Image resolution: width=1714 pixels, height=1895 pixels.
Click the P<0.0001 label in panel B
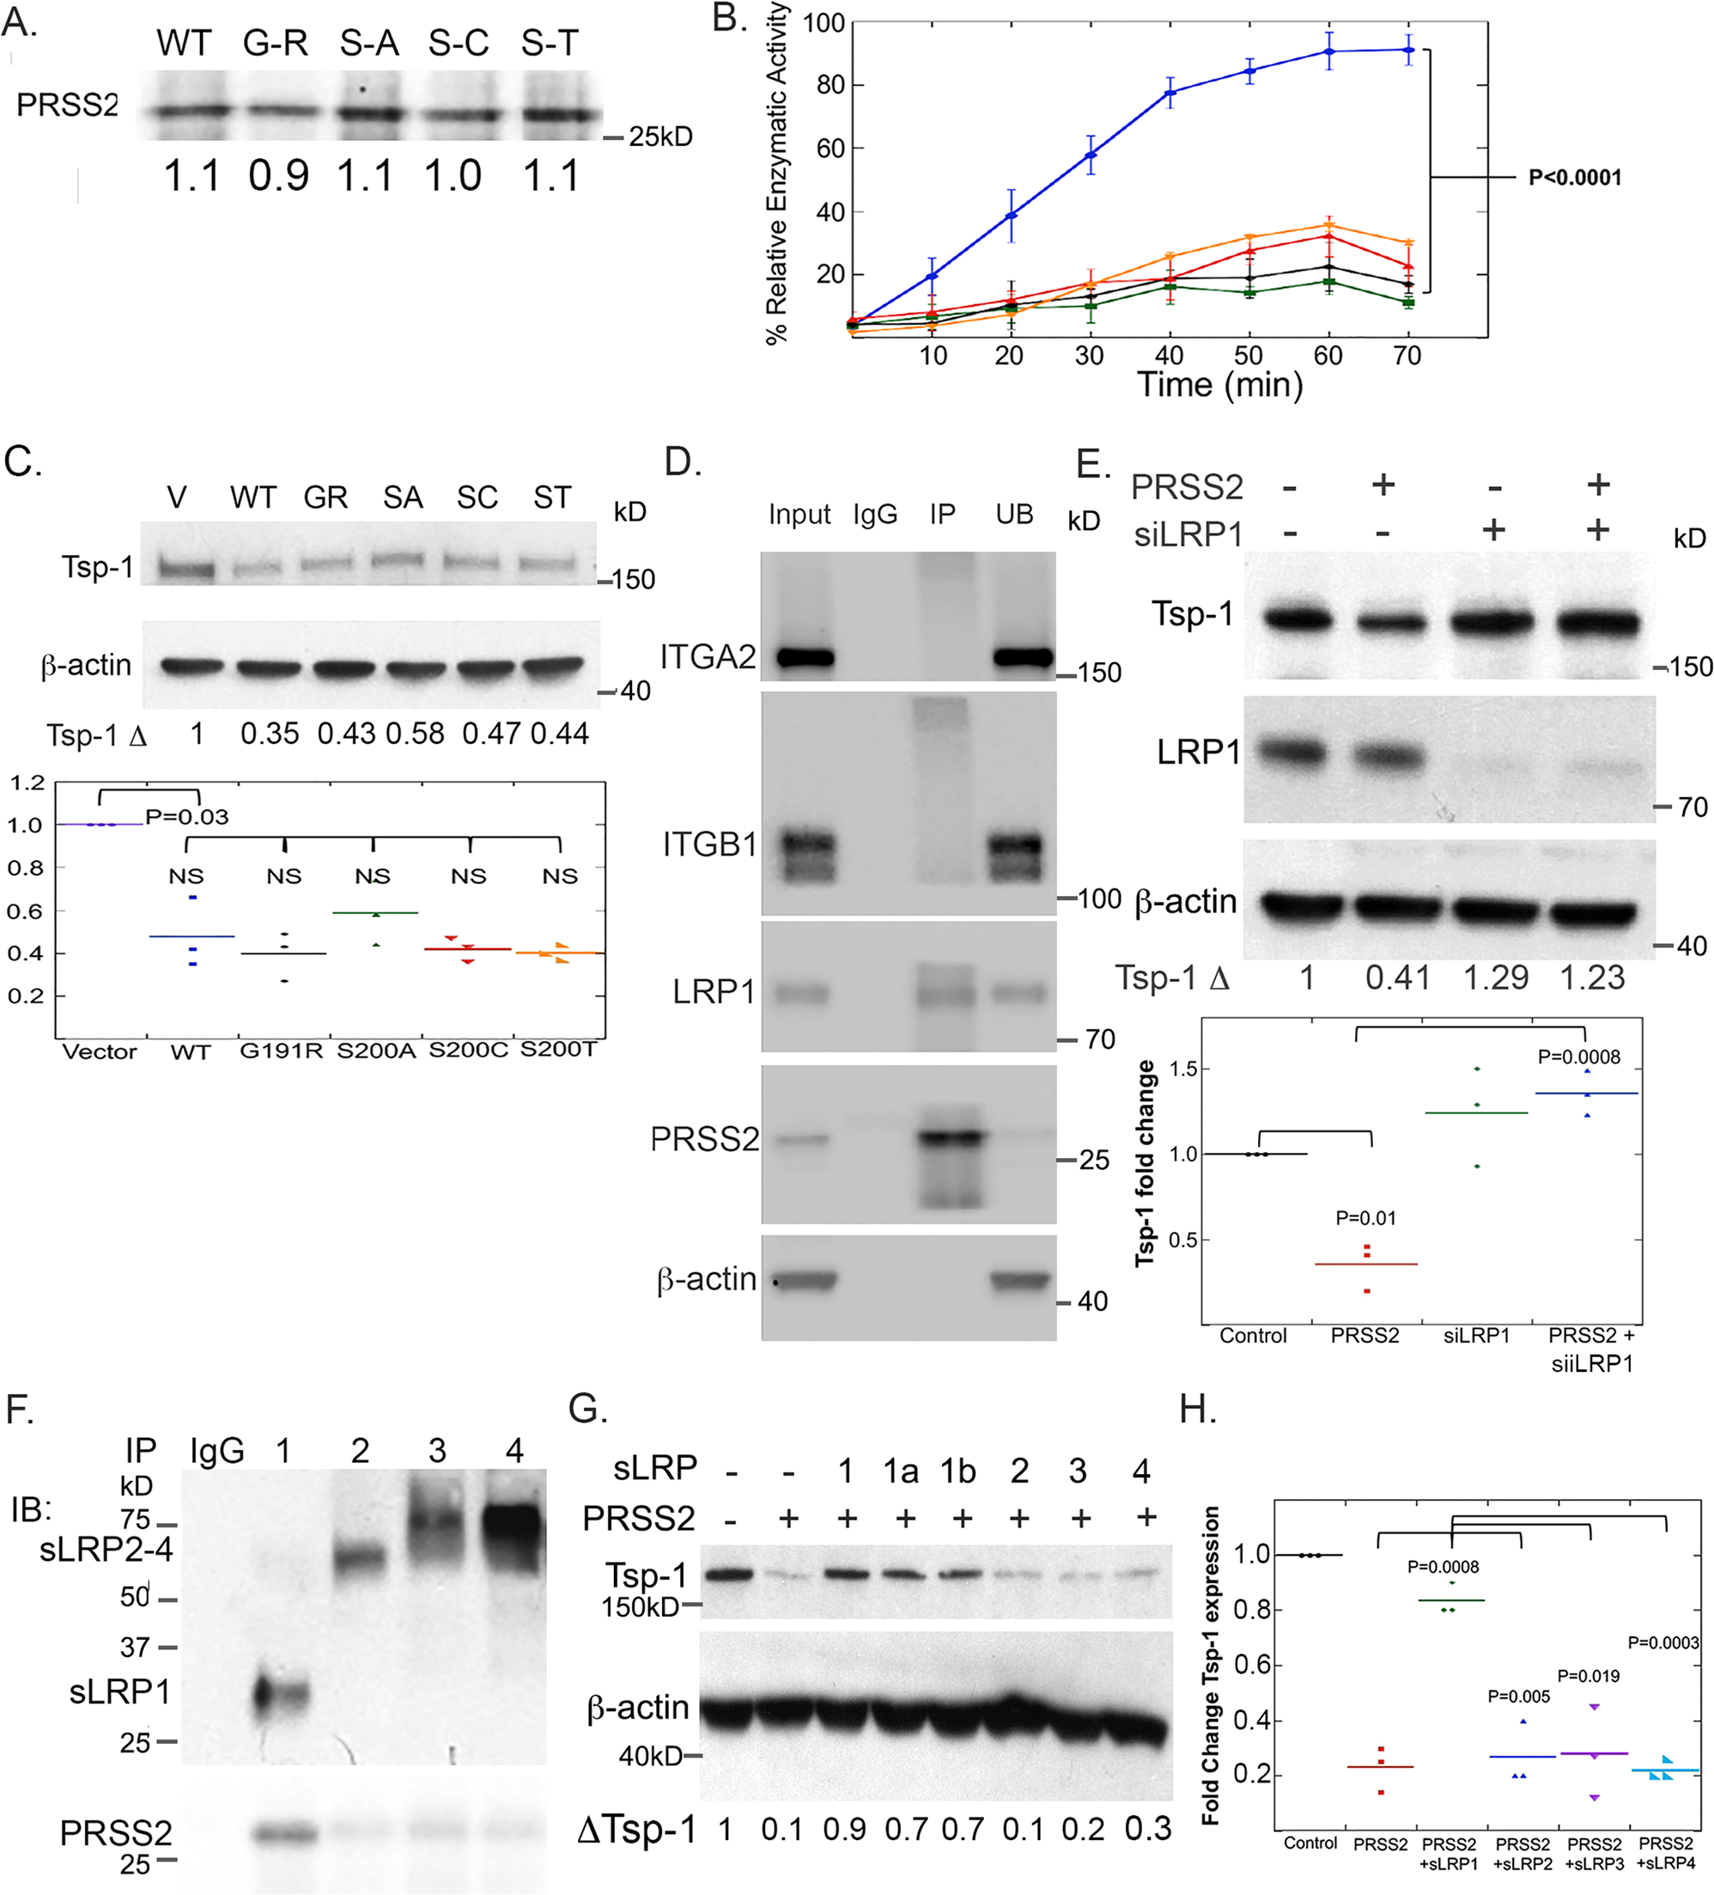(x=1574, y=178)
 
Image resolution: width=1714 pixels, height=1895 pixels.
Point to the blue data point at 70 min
(x=1407, y=50)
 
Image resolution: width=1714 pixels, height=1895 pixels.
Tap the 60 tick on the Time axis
(x=1327, y=356)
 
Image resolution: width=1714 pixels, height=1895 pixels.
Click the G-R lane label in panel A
(x=276, y=43)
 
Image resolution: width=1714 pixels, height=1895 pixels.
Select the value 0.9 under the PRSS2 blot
(x=278, y=176)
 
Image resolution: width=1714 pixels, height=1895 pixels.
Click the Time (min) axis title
(x=1219, y=386)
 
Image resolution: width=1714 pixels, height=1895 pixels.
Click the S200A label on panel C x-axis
(x=376, y=1051)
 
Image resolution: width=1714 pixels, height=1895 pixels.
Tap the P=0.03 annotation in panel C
(x=186, y=817)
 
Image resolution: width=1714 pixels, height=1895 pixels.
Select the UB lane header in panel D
(x=1014, y=515)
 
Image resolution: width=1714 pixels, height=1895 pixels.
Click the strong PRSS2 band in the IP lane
(x=950, y=1137)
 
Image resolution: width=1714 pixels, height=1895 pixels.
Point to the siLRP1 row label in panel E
(x=1188, y=535)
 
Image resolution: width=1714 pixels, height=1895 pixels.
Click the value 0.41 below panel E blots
(x=1397, y=978)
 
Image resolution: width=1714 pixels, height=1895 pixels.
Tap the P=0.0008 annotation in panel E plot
(x=1578, y=1057)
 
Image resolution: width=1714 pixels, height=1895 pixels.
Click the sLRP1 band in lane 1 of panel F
(x=280, y=1694)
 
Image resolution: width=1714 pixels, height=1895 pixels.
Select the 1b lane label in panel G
(x=957, y=1471)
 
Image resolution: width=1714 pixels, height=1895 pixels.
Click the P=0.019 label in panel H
(x=1588, y=1676)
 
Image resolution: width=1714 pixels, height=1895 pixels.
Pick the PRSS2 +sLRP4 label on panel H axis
(x=1665, y=1854)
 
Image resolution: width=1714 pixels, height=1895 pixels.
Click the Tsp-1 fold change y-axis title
(x=1145, y=1164)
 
